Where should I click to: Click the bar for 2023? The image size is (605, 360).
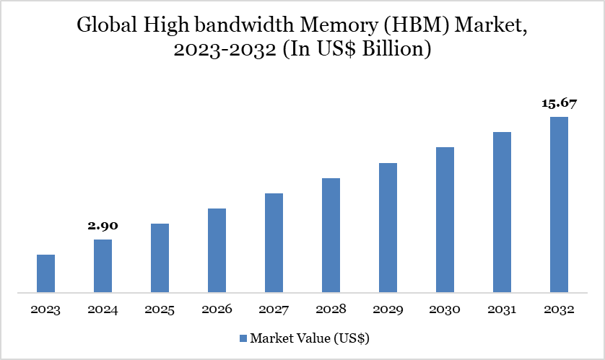click(x=45, y=274)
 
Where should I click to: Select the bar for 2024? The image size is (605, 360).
click(x=103, y=266)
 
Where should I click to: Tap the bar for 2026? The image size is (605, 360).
click(x=217, y=251)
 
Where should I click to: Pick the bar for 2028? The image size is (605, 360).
click(x=331, y=235)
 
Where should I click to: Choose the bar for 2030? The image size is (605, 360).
click(x=445, y=220)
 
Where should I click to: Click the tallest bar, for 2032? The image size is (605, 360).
click(x=559, y=205)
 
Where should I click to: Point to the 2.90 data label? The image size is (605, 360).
click(x=103, y=226)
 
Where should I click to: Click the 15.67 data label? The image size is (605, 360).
click(x=559, y=103)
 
